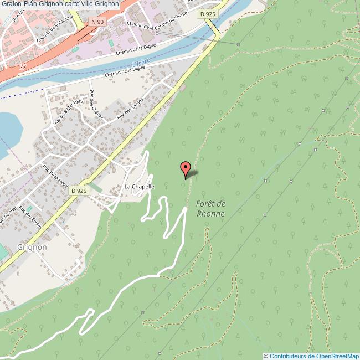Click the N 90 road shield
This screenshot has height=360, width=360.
pos(97,22)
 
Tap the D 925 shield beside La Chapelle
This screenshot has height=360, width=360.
pos(79,190)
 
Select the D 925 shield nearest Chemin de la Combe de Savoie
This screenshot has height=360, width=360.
pos(207,14)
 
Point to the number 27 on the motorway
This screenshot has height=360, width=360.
pos(22,66)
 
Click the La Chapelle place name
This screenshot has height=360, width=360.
pos(139,187)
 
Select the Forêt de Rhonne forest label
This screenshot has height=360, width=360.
pos(210,209)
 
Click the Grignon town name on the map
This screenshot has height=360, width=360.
pos(32,247)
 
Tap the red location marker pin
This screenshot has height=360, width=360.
pos(186,168)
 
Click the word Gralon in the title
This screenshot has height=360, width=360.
pos(13,4)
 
